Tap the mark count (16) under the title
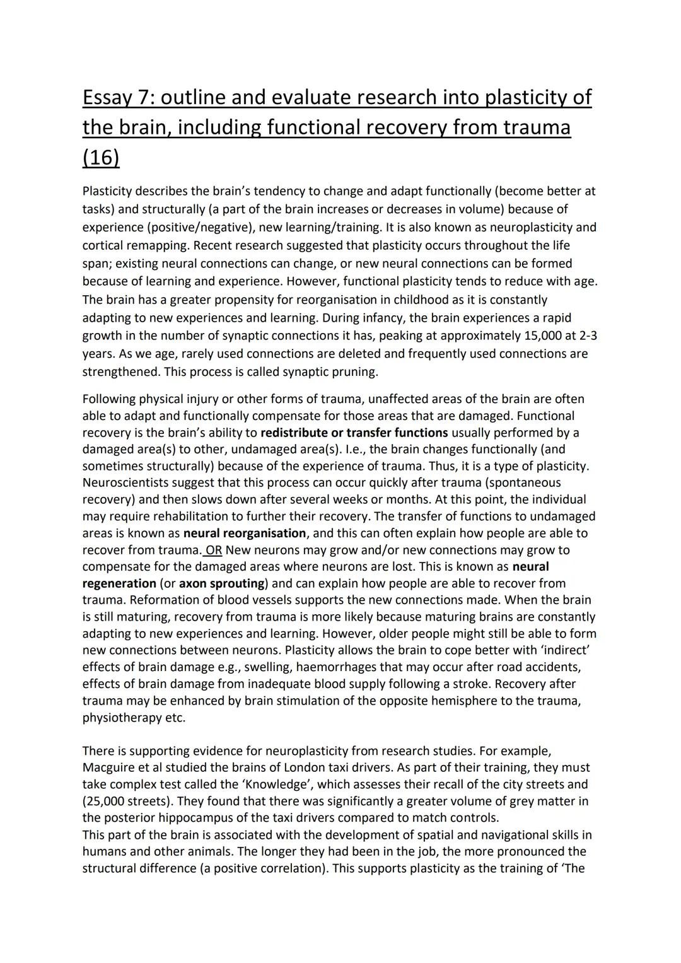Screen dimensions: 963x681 (x=101, y=157)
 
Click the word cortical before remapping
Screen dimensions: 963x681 (x=104, y=245)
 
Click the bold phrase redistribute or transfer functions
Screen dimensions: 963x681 (x=354, y=433)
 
